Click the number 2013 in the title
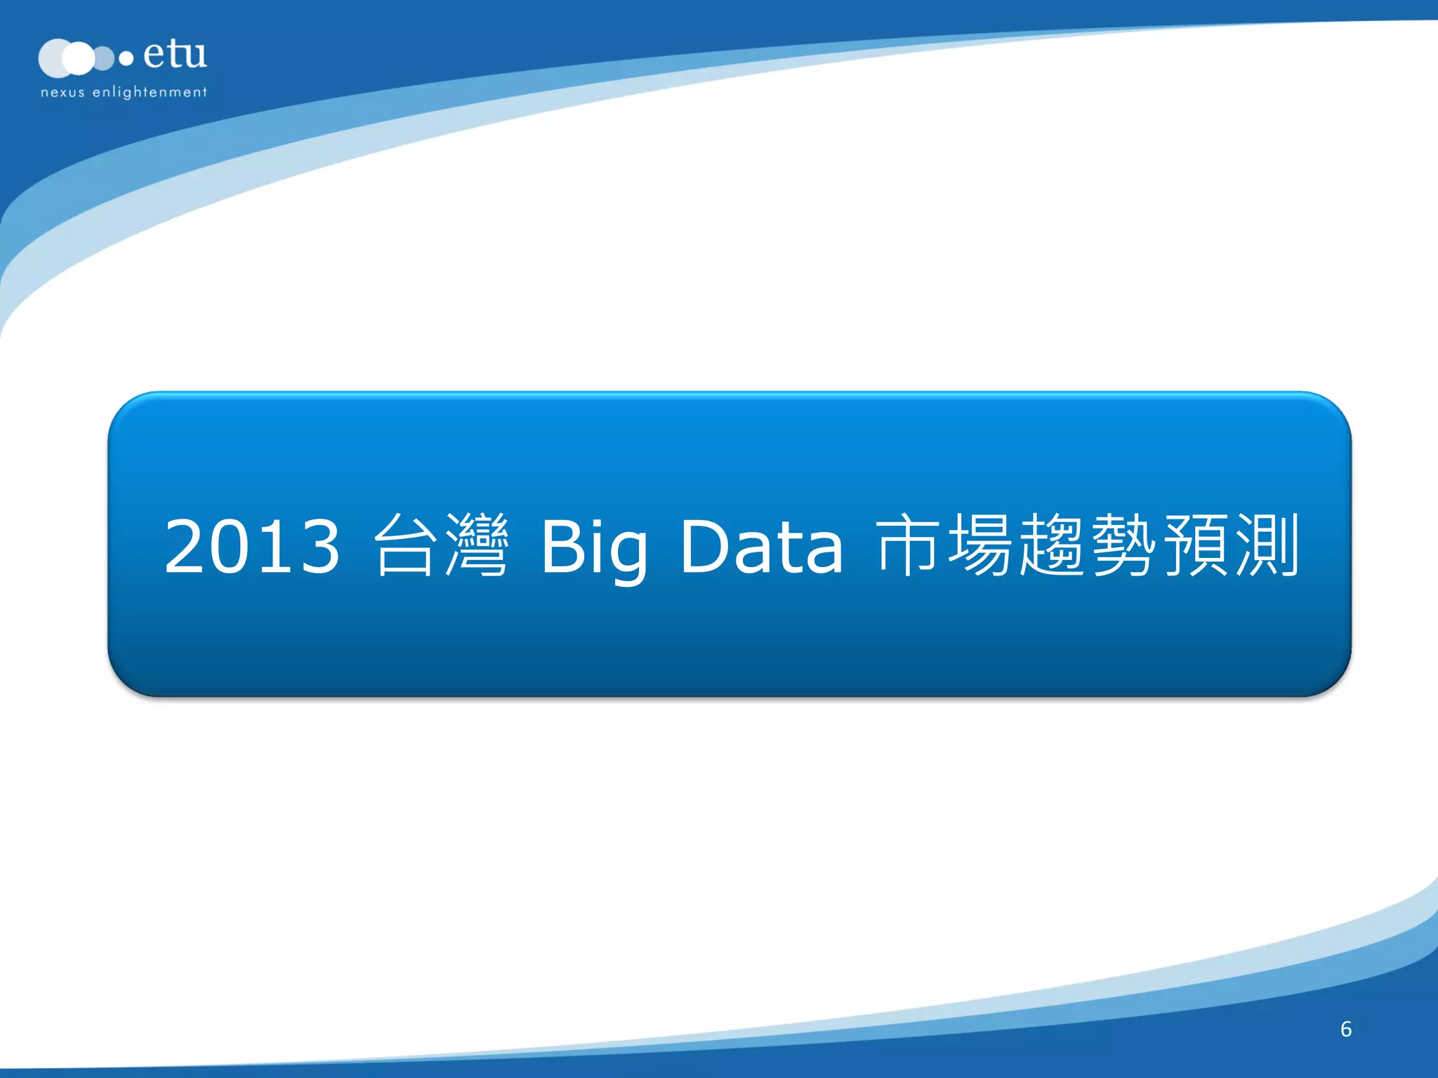(252, 546)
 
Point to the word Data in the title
(761, 546)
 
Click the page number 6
(1345, 1029)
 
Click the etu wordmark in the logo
(175, 54)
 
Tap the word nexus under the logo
(62, 92)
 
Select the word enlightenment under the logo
(150, 92)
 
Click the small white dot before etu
(126, 59)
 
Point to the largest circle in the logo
(56, 58)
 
